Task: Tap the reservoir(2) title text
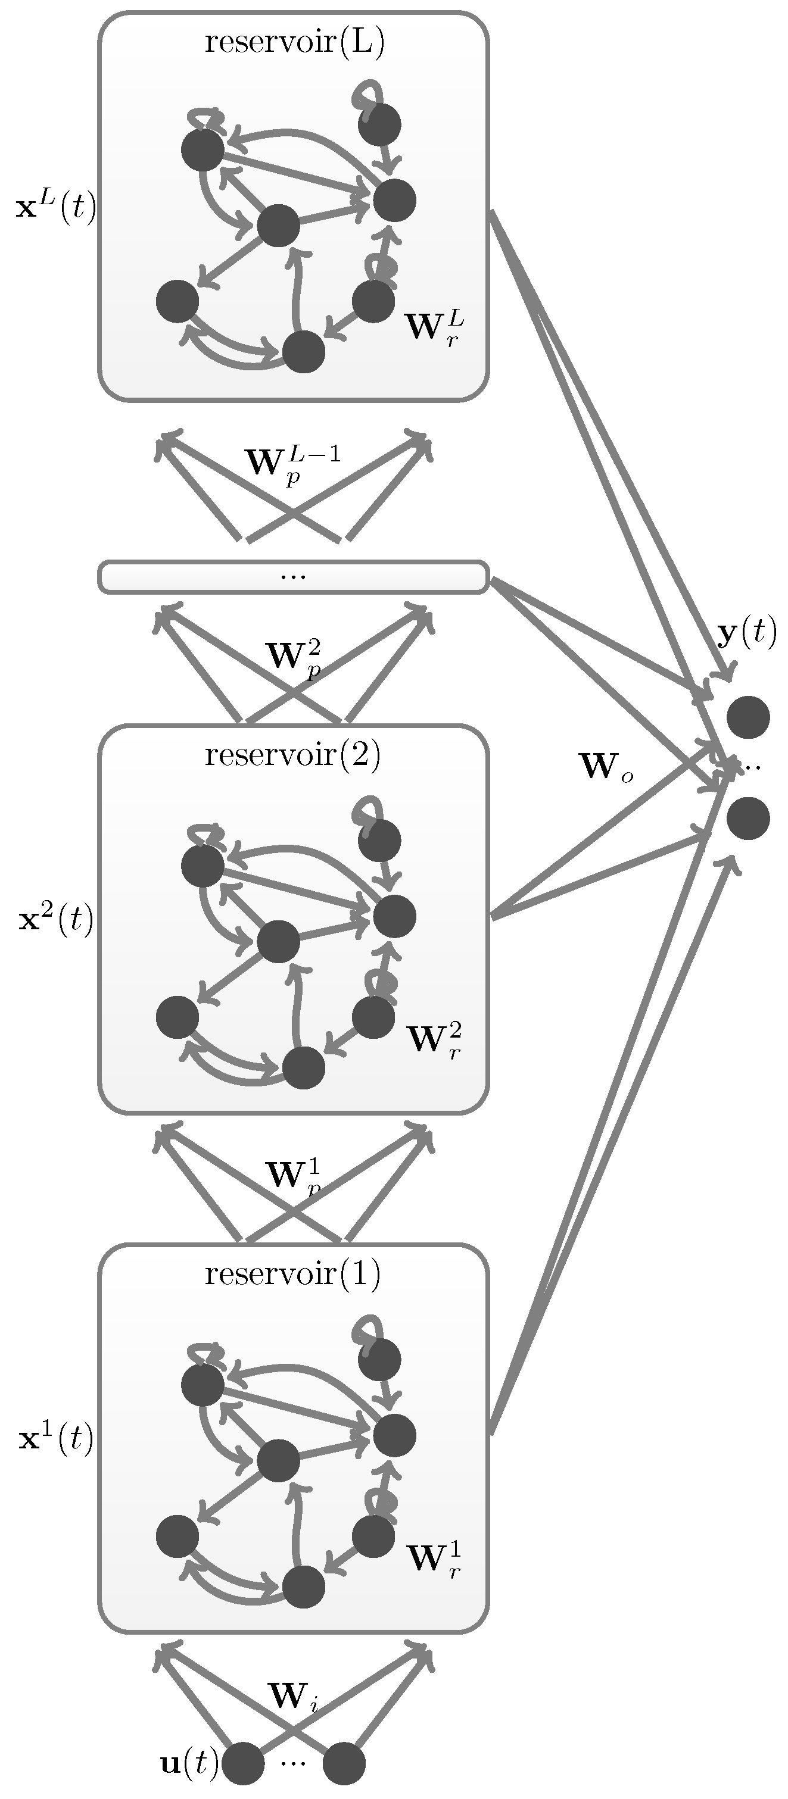[292, 755]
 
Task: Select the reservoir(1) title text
[292, 1275]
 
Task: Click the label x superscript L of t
[55, 207]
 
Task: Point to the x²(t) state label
[55, 920]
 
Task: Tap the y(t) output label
[746, 633]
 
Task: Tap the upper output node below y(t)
[747, 717]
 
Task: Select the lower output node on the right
[747, 819]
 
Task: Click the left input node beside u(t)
[242, 1763]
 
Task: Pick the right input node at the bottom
[344, 1763]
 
